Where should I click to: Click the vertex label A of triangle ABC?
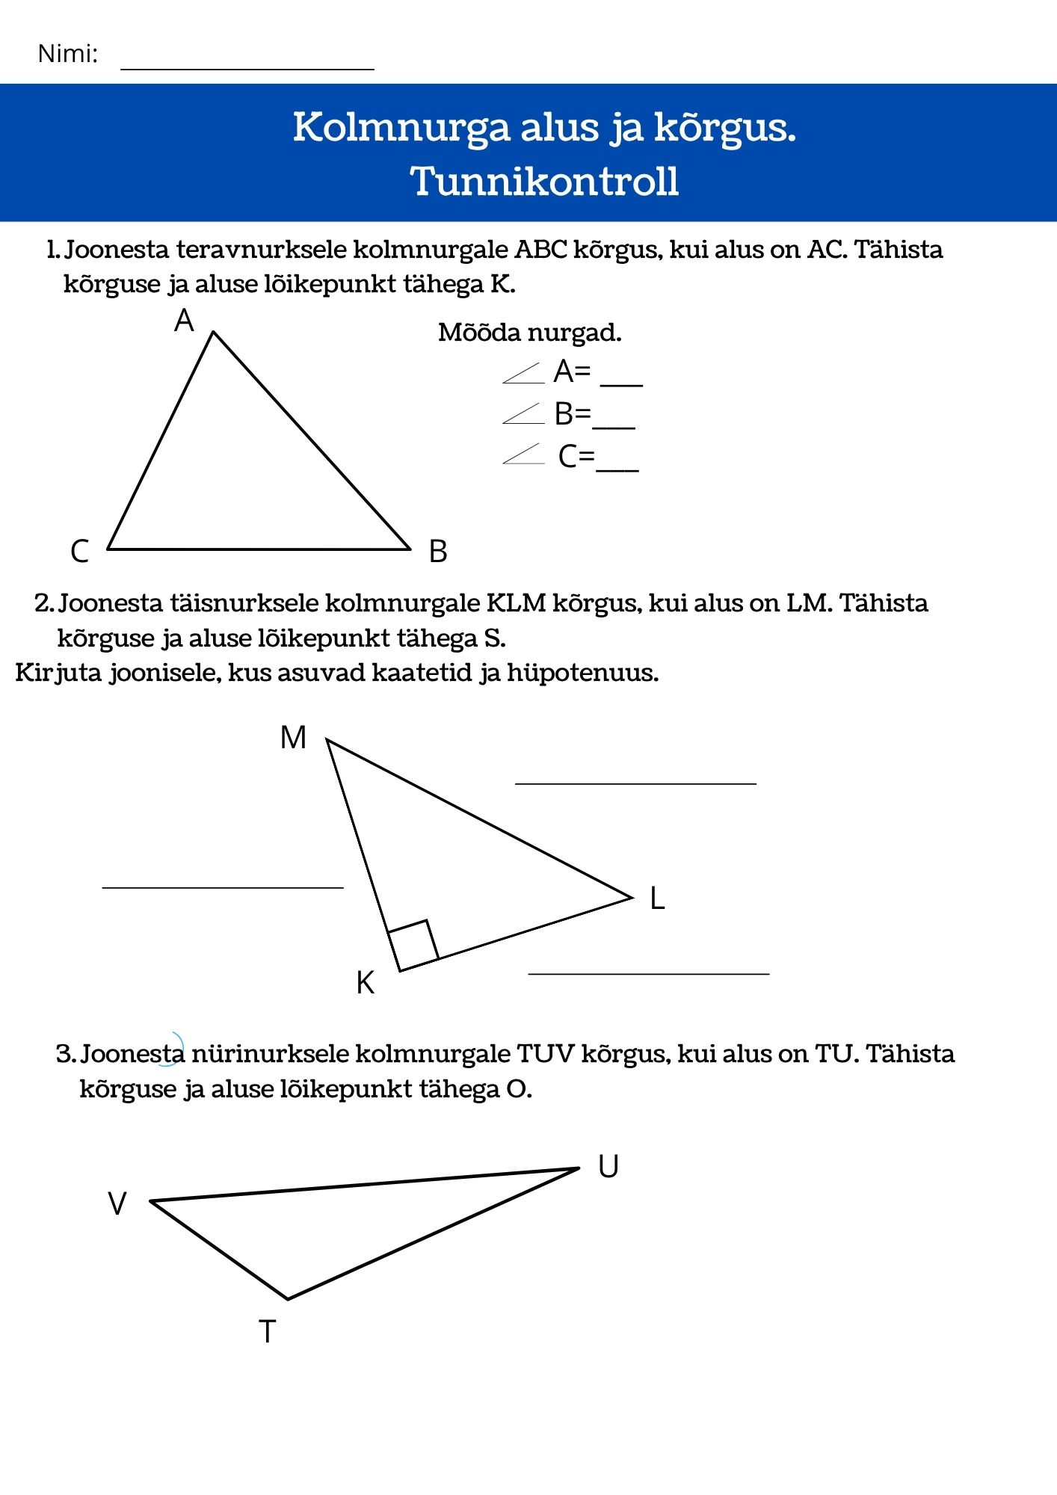pos(184,321)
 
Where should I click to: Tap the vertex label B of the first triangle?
pos(438,552)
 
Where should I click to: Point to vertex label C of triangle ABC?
pos(79,552)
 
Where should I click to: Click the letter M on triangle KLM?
pos(293,738)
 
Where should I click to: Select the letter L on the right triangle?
pos(657,898)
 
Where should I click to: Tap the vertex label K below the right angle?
pos(365,983)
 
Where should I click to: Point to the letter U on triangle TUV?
pos(608,1167)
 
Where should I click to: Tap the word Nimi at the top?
pos(67,55)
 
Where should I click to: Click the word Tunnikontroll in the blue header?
pos(544,182)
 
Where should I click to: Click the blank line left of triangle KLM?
pos(223,887)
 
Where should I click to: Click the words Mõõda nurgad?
pos(529,333)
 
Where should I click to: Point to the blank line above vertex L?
pos(635,783)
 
